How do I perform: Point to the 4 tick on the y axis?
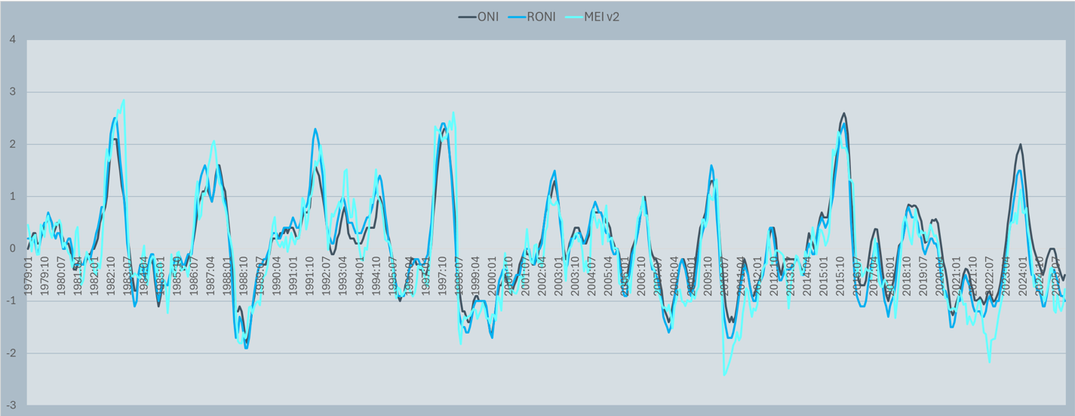12,39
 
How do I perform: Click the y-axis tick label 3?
12,92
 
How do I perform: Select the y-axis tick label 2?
12,144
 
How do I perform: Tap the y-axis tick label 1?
12,196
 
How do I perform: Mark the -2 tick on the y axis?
11,353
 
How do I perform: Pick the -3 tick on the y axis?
11,405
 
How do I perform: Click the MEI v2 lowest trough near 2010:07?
724,374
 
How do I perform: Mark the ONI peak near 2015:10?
843,113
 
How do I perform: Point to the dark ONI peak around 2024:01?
1021,144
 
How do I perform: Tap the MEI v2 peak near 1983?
123,100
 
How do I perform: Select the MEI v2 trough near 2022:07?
989,362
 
